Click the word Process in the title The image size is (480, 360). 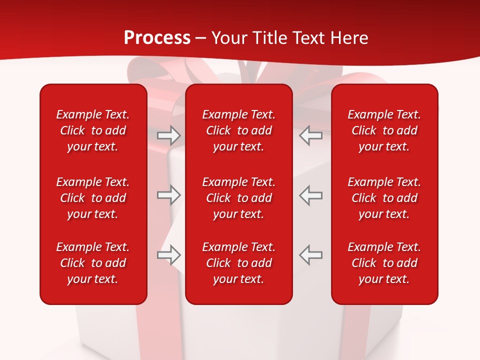pos(157,38)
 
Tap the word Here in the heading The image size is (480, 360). pos(349,38)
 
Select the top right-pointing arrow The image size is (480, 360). pos(168,135)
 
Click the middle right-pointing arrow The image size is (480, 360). pos(168,195)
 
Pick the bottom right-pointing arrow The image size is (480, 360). pos(168,255)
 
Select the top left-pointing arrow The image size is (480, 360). pos(310,135)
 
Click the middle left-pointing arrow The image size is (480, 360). pos(310,195)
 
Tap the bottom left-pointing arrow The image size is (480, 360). pos(310,255)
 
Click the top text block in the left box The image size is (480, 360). pos(93,130)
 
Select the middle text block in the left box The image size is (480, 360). pos(93,198)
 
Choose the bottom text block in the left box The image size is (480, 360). pos(93,263)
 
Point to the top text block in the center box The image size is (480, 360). pos(239,130)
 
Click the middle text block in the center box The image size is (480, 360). pos(239,198)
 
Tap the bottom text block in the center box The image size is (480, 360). pos(239,263)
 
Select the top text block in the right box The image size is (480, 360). pos(384,130)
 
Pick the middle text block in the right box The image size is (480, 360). pos(384,198)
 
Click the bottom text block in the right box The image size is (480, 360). pos(384,263)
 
